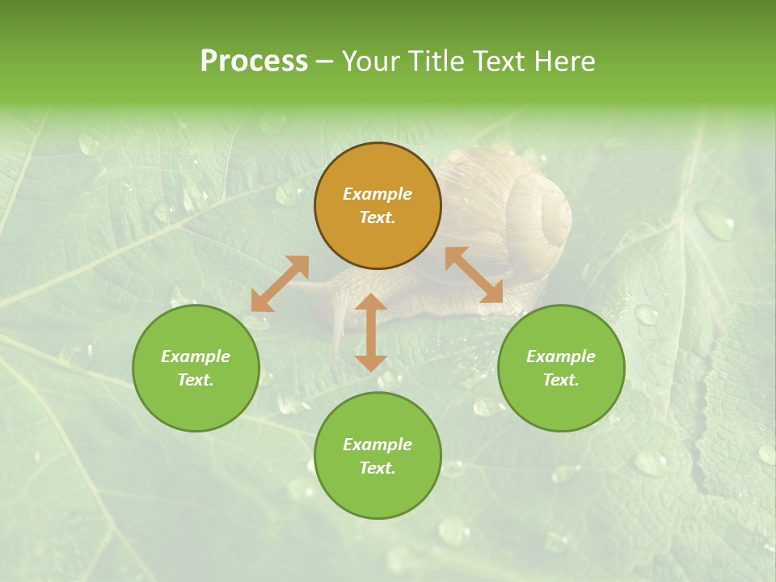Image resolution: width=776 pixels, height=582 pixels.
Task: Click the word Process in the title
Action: [254, 61]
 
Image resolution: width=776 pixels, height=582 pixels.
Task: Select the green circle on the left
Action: [196, 369]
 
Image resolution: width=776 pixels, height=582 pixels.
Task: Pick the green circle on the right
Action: [561, 369]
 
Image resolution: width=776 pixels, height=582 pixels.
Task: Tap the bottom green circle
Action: [377, 456]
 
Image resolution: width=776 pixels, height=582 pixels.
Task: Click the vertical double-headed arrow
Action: [371, 333]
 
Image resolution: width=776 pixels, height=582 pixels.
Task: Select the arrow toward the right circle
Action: [474, 275]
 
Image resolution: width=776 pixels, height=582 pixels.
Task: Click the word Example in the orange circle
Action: [377, 194]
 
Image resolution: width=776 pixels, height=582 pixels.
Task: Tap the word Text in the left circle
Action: [196, 381]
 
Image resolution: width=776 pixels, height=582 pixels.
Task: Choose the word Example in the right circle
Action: [561, 356]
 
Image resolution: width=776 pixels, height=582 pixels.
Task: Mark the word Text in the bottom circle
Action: [377, 468]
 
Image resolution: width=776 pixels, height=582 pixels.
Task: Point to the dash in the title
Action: [324, 61]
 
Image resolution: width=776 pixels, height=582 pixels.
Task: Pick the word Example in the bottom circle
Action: [377, 445]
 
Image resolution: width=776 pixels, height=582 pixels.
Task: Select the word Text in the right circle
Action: [561, 381]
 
